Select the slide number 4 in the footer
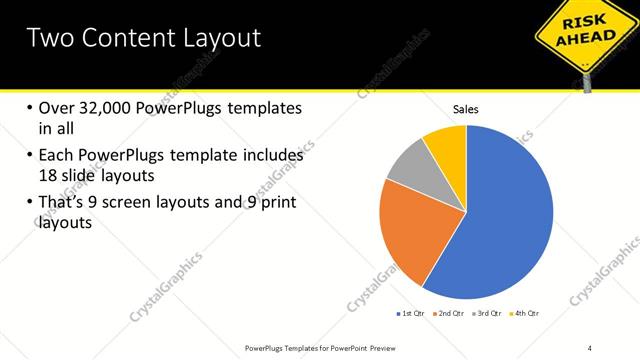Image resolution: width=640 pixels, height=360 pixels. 590,347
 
